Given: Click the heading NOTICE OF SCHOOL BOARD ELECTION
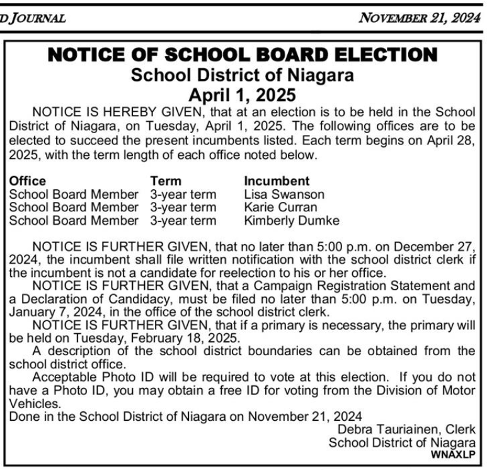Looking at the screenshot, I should (243, 56).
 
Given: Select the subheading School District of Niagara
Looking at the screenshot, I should (243, 76).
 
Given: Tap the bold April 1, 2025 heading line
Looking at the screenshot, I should (243, 95).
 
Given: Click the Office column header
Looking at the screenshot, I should (28, 181).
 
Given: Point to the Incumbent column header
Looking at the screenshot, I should (277, 181).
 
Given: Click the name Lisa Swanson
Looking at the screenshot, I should (284, 194).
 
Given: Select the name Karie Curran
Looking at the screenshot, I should (280, 207).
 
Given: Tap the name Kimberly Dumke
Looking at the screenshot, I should (292, 220).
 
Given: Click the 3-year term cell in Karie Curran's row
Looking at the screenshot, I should (183, 207).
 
